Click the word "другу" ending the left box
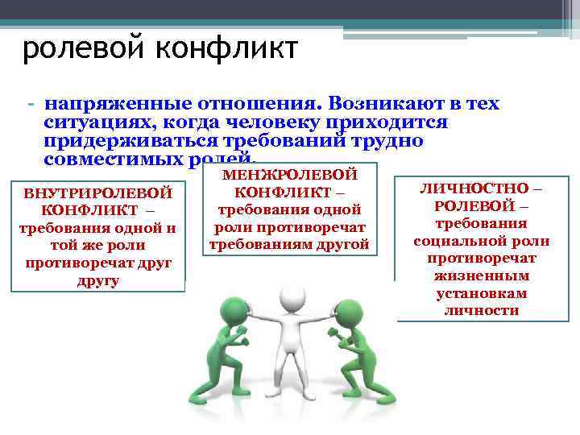tap(97, 281)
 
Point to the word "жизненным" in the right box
tap(482, 275)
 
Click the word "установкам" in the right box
tap(481, 293)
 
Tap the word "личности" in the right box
tap(481, 311)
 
